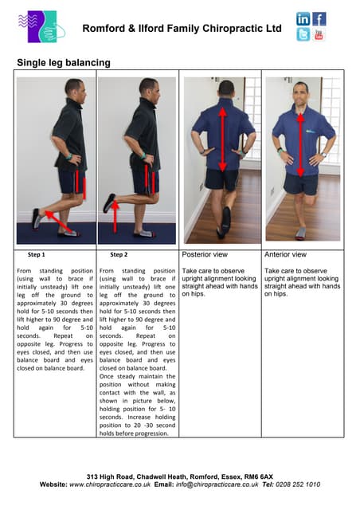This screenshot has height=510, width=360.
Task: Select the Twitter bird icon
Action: coord(303,34)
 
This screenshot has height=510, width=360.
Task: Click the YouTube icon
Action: coord(319,34)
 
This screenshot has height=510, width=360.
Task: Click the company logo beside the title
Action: coord(40,26)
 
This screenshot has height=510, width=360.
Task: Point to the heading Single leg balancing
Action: coord(64,62)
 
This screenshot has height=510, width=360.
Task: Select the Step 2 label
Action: coord(119,255)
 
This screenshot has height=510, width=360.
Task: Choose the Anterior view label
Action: coord(285,255)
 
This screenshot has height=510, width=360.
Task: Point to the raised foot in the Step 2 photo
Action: coord(108,203)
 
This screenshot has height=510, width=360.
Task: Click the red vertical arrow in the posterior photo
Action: coord(222,139)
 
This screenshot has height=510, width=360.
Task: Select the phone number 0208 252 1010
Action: coord(293,484)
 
